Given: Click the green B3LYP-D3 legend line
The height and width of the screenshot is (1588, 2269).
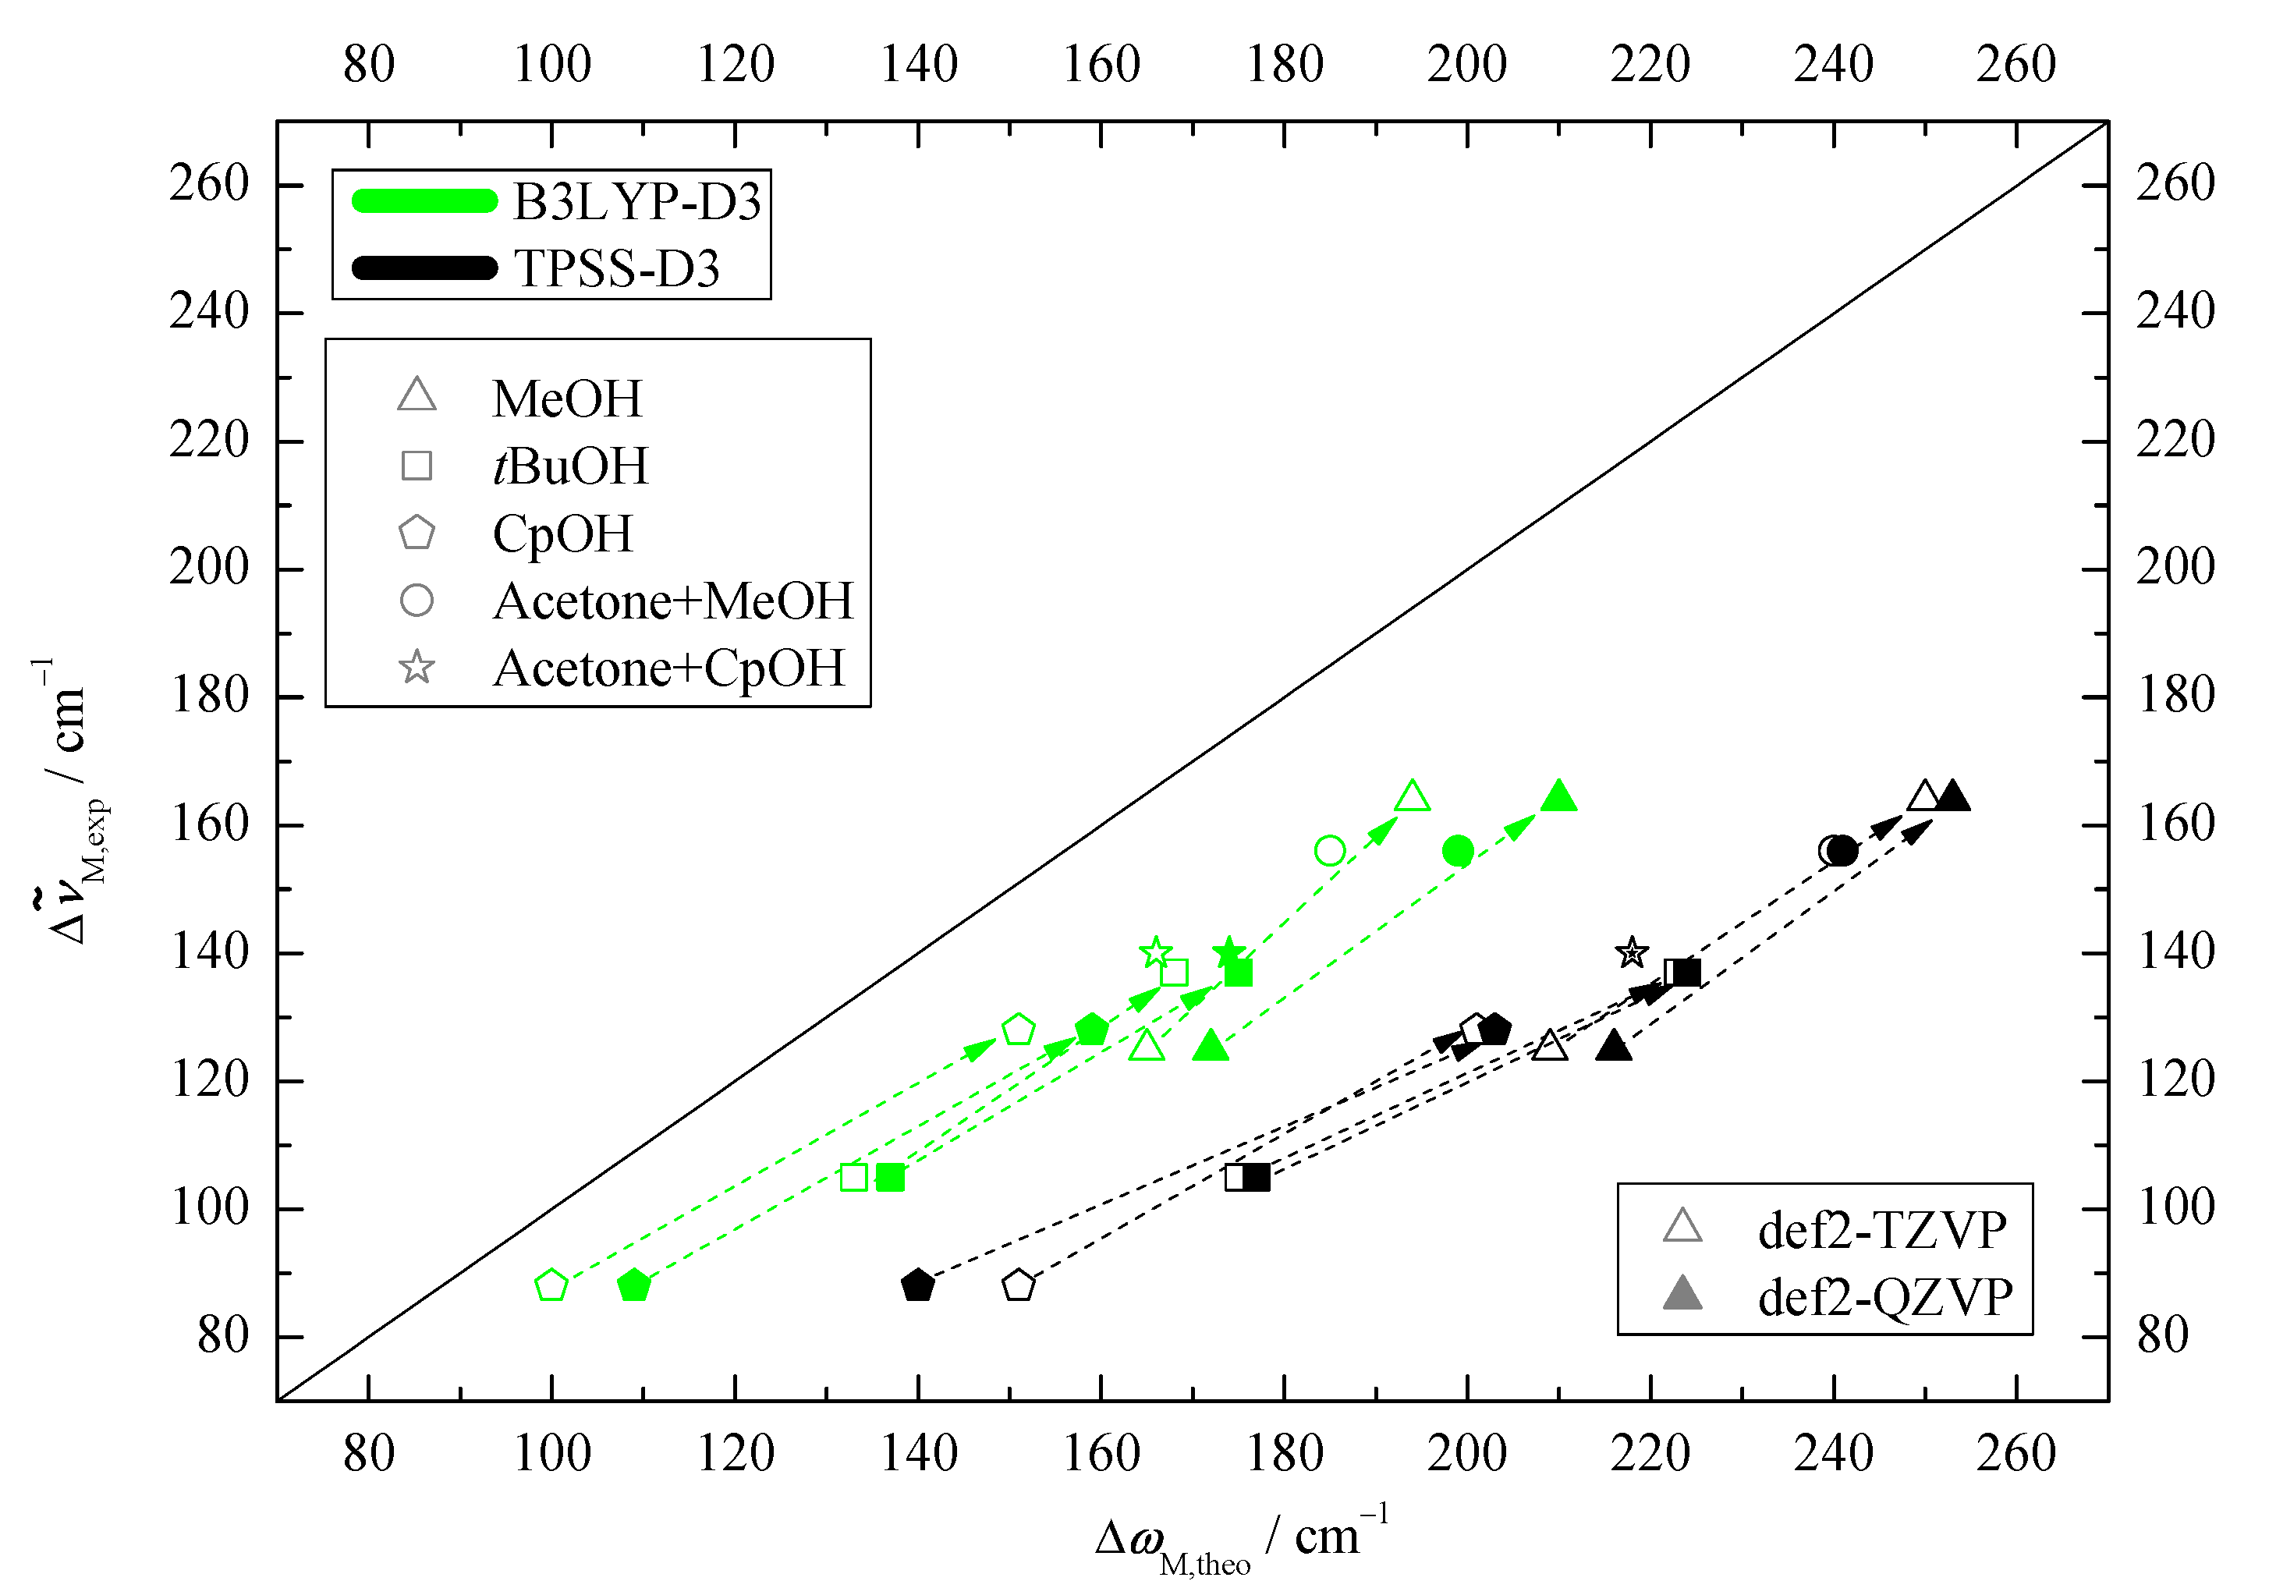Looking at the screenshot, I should [425, 200].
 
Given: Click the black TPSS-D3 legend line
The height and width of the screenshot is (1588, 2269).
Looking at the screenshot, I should [425, 268].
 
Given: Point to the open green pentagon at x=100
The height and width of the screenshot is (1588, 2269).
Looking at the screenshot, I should [551, 1285].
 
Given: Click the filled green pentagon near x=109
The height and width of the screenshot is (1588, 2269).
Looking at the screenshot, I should [633, 1285].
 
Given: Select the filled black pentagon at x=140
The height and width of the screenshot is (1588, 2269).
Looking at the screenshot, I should [918, 1285].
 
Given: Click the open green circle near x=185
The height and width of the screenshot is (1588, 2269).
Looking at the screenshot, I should [1330, 851].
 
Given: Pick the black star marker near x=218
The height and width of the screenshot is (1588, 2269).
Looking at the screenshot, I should [1632, 952].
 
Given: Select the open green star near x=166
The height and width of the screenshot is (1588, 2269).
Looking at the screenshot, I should [1156, 952].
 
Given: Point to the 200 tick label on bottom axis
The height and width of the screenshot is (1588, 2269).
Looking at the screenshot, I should [1466, 1454].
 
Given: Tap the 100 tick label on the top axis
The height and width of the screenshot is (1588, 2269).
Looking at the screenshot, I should [551, 64].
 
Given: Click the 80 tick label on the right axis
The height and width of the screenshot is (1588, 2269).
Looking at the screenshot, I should [2162, 1335].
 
